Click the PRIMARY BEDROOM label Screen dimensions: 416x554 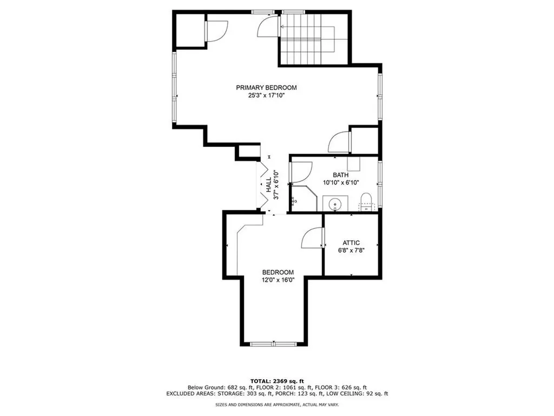pyautogui.click(x=266, y=88)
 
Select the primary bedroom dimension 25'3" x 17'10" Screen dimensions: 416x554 pyautogui.click(x=266, y=95)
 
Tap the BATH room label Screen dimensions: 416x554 pyautogui.click(x=340, y=175)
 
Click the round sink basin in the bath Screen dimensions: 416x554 pyautogui.click(x=335, y=205)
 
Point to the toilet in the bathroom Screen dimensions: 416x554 pyautogui.click(x=367, y=199)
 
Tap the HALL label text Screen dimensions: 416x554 pyautogui.click(x=268, y=185)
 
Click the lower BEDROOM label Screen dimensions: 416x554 pyautogui.click(x=278, y=272)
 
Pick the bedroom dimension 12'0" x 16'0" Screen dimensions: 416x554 pyautogui.click(x=278, y=279)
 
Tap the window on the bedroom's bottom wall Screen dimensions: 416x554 pyautogui.click(x=274, y=343)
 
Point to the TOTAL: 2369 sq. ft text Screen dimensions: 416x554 pyautogui.click(x=276, y=380)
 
